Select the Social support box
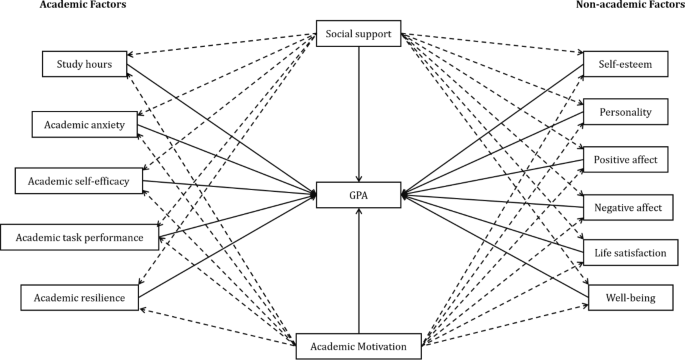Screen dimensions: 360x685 click(359, 35)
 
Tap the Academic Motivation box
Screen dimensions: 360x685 click(359, 346)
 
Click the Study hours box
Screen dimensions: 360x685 click(83, 65)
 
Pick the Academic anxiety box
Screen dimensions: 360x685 click(83, 125)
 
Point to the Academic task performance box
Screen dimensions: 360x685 click(79, 237)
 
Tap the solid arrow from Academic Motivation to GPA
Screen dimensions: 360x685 click(359, 270)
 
